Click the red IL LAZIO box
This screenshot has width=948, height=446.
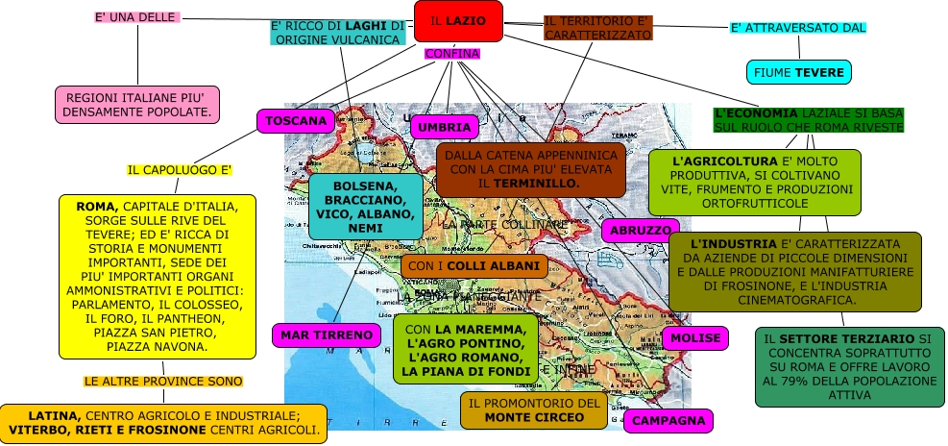pos(458,21)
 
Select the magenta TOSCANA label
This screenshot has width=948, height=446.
pos(296,121)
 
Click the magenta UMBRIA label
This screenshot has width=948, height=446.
pos(444,127)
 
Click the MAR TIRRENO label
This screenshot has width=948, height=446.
pos(327,334)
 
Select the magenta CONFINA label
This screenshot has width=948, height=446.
pos(451,53)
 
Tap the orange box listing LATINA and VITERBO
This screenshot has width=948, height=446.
pos(163,423)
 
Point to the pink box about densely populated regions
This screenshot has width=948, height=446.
pos(137,105)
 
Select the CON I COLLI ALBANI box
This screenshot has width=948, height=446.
pos(474,265)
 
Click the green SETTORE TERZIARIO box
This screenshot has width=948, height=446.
pos(849,366)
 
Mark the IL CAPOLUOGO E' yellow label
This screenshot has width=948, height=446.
pos(180,170)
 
